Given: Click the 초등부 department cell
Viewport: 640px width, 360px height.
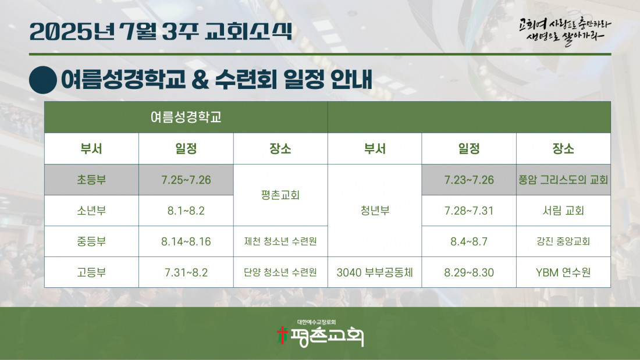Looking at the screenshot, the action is tap(91, 180).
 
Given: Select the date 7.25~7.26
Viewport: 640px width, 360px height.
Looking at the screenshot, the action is tap(186, 180).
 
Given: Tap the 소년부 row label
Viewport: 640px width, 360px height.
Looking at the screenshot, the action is tap(91, 211).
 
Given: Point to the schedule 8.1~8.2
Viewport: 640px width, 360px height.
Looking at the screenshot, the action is tap(186, 211).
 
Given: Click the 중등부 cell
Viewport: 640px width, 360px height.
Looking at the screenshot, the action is tap(91, 241).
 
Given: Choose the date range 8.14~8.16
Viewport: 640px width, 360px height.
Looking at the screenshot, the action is tap(186, 241).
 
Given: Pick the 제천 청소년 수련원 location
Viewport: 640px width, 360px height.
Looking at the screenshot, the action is tap(280, 241).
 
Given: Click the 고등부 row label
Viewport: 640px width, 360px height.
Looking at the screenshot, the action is tap(91, 272).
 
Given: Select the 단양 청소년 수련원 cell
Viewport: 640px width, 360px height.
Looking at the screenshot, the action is tap(280, 272).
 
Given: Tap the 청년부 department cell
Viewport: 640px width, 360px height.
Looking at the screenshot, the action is tap(375, 211).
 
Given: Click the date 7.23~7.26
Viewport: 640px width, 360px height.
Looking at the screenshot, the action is tap(469, 180).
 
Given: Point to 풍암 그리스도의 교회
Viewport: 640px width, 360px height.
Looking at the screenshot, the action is tap(563, 180).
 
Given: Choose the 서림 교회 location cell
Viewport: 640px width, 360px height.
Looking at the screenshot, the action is tap(563, 211).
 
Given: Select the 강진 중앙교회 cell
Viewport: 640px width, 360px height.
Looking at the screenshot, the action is tap(563, 241).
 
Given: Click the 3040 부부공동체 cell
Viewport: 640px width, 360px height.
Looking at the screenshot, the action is tap(375, 272).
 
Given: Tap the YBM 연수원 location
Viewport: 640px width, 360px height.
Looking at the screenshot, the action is tap(563, 272).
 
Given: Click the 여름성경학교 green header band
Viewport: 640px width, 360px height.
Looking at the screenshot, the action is tap(186, 117).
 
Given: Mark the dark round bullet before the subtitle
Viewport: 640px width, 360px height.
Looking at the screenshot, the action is tap(43, 80).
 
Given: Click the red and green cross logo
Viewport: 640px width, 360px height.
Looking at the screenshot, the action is tap(282, 335).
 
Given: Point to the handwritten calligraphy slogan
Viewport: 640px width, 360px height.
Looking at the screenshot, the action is tap(564, 31).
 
